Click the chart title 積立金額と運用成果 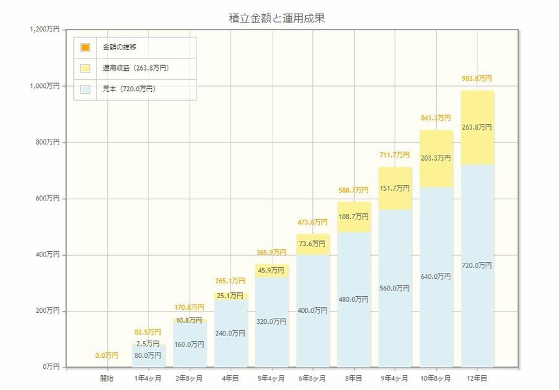click(x=277, y=18)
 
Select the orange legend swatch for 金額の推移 click(x=85, y=48)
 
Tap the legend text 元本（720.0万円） click(x=129, y=89)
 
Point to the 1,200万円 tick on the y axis click(x=44, y=30)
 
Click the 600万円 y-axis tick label click(x=46, y=199)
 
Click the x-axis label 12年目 click(x=477, y=378)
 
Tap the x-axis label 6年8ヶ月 click(x=312, y=378)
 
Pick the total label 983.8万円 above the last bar click(x=476, y=78)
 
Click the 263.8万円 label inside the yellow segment click(x=476, y=127)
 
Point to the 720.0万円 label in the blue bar click(x=476, y=265)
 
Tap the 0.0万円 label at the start click(x=107, y=355)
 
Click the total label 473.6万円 click(x=312, y=223)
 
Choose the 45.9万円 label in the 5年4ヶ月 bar click(x=271, y=270)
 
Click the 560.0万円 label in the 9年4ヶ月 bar click(x=395, y=288)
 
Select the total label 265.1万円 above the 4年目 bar click(x=230, y=281)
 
